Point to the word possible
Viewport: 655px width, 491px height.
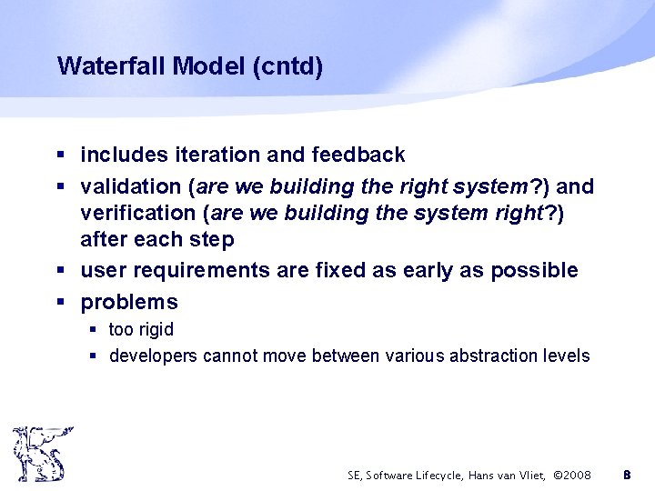tap(537, 270)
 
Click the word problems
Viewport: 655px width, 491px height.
tap(129, 302)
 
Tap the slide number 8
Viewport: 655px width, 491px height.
tap(626, 475)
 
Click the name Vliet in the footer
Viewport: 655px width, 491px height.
tap(530, 475)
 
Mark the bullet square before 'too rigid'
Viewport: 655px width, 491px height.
tap(94, 329)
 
